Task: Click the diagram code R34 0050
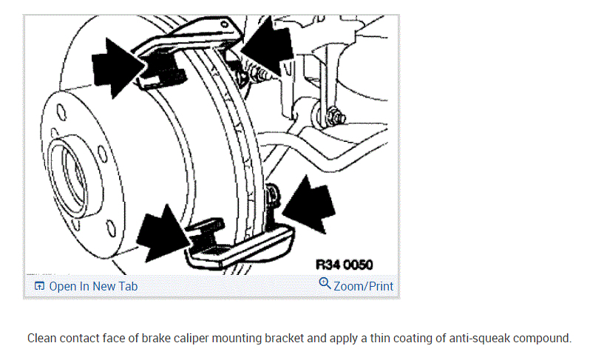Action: click(x=344, y=265)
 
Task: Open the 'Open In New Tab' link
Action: click(x=92, y=286)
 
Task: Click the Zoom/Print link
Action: click(x=363, y=286)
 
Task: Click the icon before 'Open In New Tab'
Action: click(x=39, y=286)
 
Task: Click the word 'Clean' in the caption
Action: click(x=43, y=339)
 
